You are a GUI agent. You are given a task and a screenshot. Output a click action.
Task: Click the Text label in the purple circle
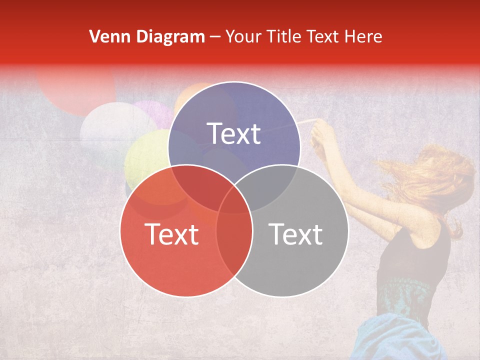[x=234, y=133]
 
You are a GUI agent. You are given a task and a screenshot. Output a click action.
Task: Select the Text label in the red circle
[x=171, y=234]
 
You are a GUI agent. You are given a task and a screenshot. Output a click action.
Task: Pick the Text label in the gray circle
[x=296, y=234]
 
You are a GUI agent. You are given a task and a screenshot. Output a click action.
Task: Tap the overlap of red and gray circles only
[x=234, y=245]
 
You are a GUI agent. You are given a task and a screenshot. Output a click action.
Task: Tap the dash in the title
[x=215, y=36]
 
